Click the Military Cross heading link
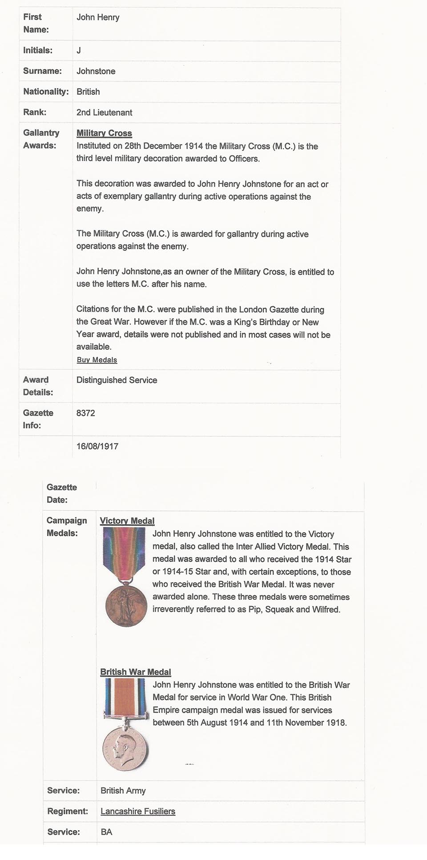click(x=104, y=133)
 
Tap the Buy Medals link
click(x=97, y=360)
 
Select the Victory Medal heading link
click(x=127, y=521)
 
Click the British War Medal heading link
click(x=136, y=672)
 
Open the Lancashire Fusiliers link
click(x=138, y=811)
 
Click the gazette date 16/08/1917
click(x=97, y=446)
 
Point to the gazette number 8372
click(x=85, y=413)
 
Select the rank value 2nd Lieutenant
click(x=104, y=113)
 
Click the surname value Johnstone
click(x=96, y=71)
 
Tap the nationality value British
click(x=88, y=92)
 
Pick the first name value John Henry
click(x=98, y=17)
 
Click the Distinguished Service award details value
click(x=117, y=380)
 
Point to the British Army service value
click(x=123, y=791)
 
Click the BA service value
click(x=106, y=832)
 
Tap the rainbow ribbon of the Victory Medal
click(x=124, y=552)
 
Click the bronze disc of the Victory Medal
click(x=126, y=606)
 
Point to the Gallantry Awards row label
click(x=41, y=139)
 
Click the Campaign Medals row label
click(x=67, y=527)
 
